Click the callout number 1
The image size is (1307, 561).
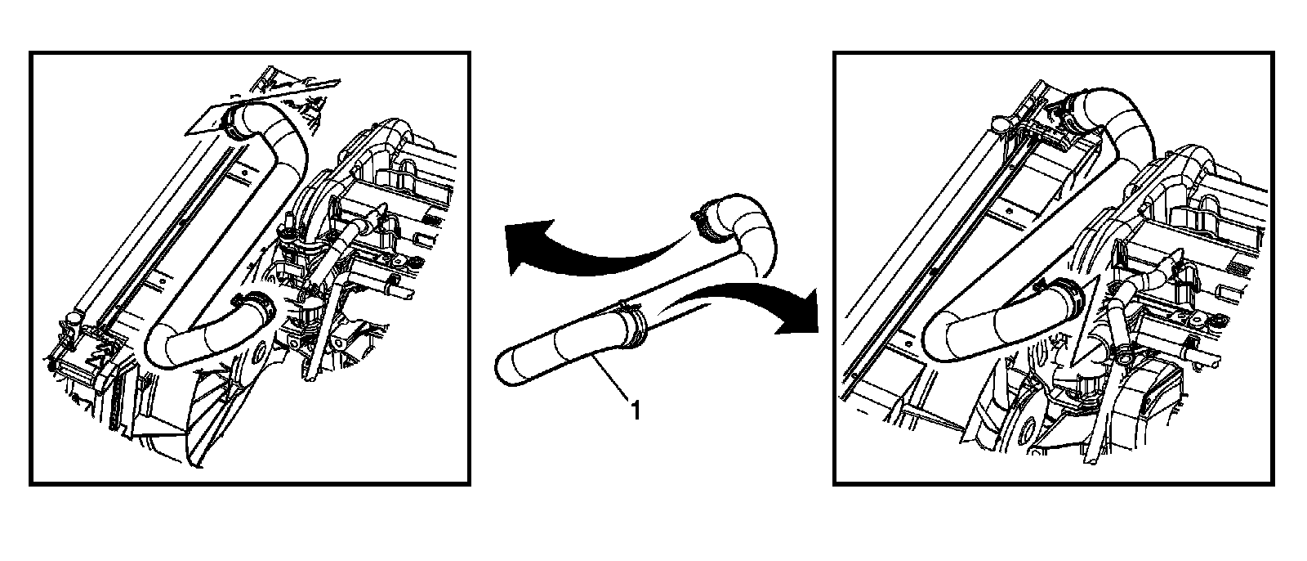point(636,411)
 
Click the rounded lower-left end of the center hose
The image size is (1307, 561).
point(506,367)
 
